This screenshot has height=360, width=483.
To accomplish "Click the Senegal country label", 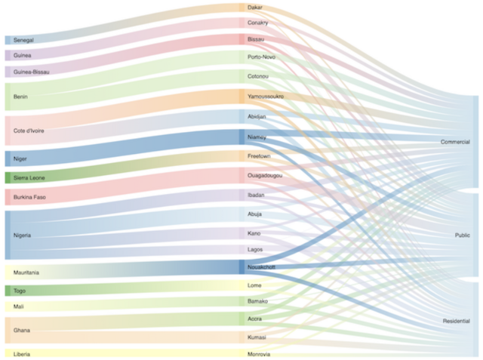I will tap(23, 39).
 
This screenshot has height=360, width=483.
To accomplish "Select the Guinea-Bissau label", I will tap(31, 72).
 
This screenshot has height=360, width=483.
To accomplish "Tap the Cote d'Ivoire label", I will tap(29, 131).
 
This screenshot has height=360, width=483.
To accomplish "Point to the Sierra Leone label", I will tap(29, 178).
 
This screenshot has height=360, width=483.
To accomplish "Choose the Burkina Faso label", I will tap(29, 198).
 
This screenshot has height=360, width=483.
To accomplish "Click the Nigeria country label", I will tap(22, 235).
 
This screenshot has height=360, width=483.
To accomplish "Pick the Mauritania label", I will tap(26, 272).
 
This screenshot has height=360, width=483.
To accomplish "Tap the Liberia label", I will tap(23, 353).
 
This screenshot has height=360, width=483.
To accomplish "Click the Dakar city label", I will tap(255, 8).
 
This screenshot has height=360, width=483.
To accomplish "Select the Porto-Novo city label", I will tap(260, 57).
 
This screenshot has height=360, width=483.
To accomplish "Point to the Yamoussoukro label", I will tap(265, 97).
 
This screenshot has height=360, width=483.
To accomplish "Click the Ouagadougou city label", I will tap(265, 175).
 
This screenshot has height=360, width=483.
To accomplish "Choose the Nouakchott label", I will tap(262, 267).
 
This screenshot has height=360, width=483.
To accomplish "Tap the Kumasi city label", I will tap(257, 337).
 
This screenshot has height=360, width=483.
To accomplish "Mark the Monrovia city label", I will tap(259, 354).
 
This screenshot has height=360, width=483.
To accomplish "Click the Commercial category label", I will tap(455, 142).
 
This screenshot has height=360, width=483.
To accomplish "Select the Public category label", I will tap(462, 235).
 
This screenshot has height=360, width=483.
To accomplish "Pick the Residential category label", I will tap(456, 322).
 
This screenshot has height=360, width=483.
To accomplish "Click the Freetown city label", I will tap(259, 155).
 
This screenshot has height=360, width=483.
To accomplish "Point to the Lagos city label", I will tap(255, 249).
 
